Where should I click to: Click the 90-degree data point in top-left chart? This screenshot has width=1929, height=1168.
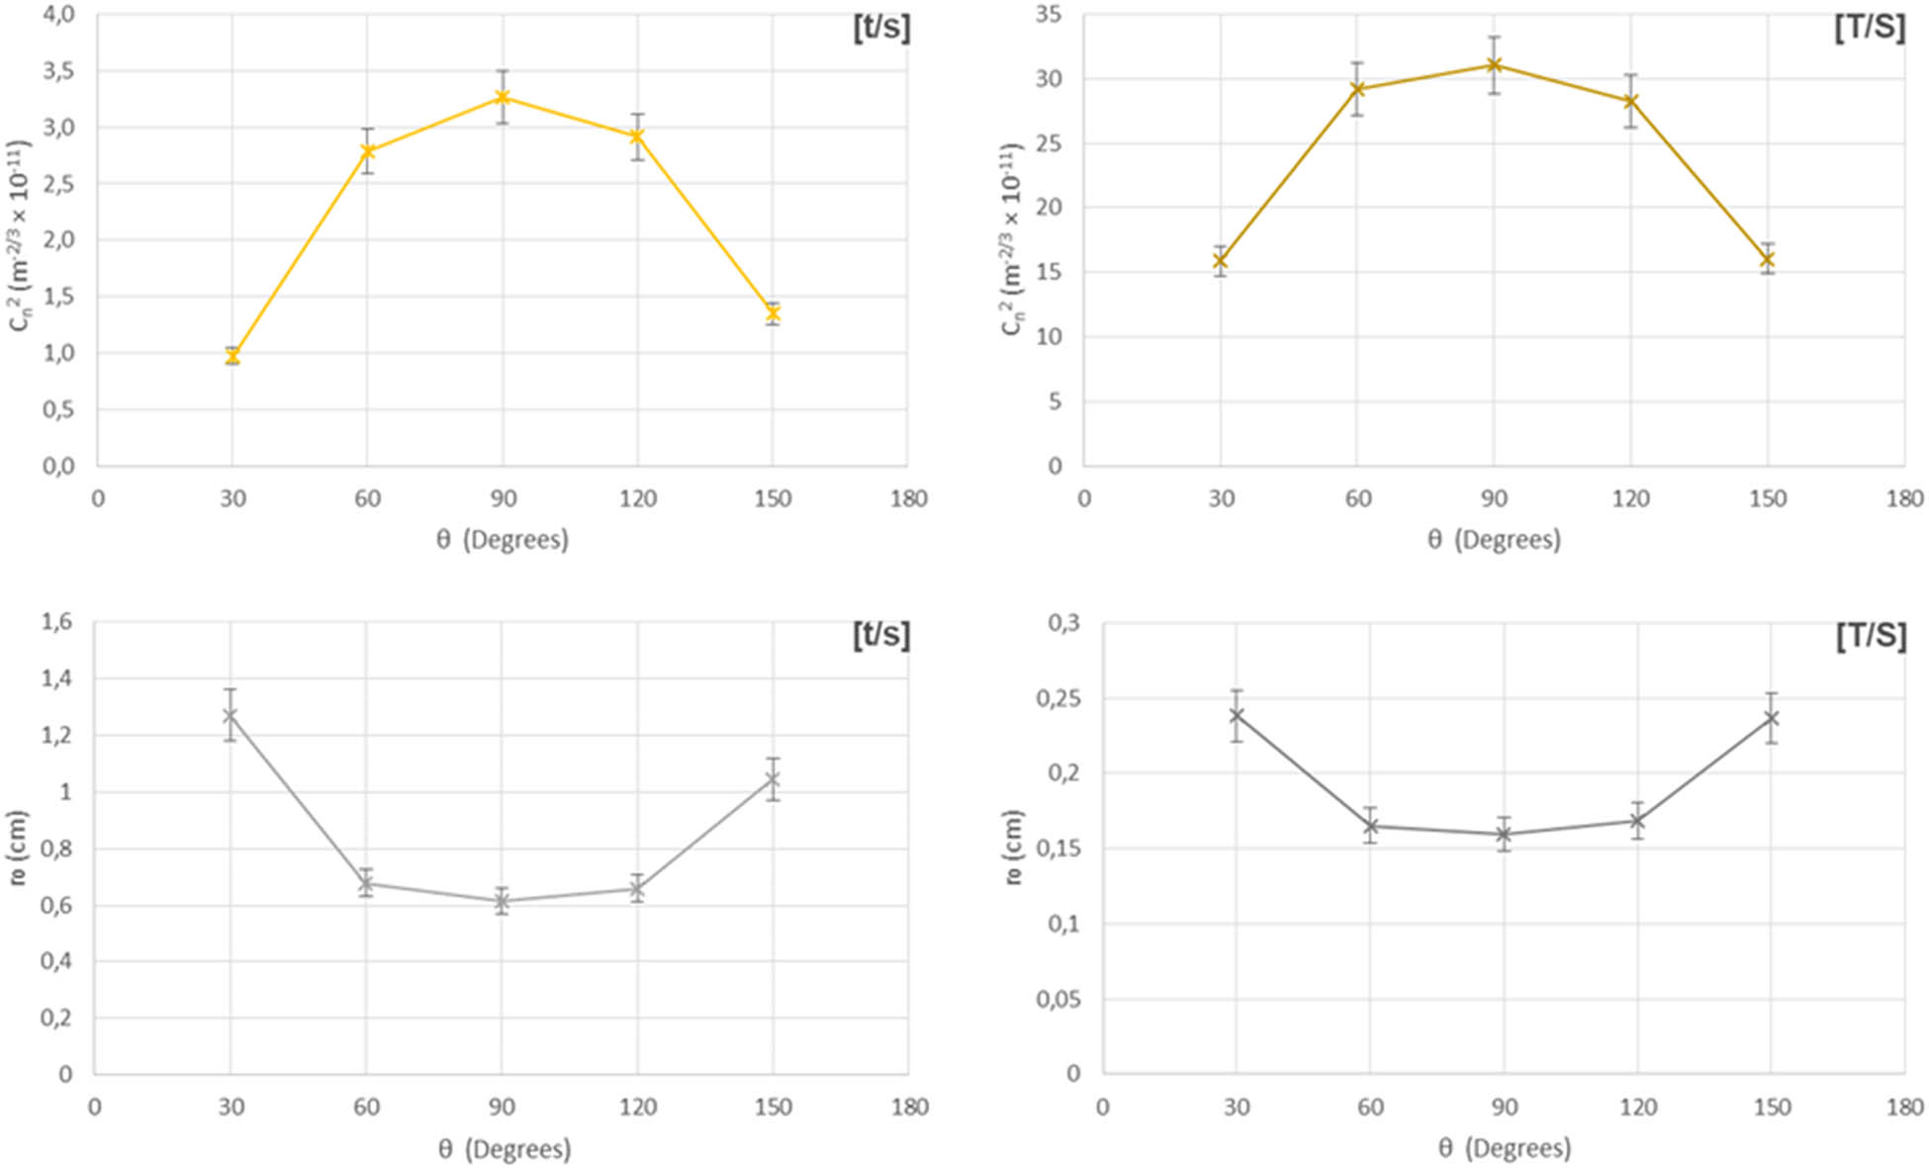(503, 97)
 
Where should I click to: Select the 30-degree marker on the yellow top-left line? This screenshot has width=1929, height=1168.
(232, 356)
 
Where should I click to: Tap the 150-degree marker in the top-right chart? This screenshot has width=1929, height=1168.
(1767, 259)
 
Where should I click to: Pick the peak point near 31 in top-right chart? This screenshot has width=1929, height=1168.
(1494, 65)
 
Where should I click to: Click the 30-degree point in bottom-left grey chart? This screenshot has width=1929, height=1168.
(230, 715)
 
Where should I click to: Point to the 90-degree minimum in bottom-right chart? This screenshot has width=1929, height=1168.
(1504, 835)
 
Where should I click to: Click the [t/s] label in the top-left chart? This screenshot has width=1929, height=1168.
(880, 28)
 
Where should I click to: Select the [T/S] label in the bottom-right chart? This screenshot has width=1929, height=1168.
(1870, 635)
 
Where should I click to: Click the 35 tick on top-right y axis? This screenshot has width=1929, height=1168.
(1048, 15)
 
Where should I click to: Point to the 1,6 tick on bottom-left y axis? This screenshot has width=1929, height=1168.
(55, 622)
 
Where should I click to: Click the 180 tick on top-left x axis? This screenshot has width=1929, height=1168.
(908, 498)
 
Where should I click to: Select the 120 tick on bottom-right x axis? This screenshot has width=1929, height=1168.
(1638, 1107)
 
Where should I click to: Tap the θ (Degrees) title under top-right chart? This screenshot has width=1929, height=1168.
(1494, 540)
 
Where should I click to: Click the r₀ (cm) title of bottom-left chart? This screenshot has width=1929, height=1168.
(18, 848)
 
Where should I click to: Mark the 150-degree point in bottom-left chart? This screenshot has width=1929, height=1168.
(773, 780)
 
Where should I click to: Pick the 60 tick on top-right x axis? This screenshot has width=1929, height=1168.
(1357, 498)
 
